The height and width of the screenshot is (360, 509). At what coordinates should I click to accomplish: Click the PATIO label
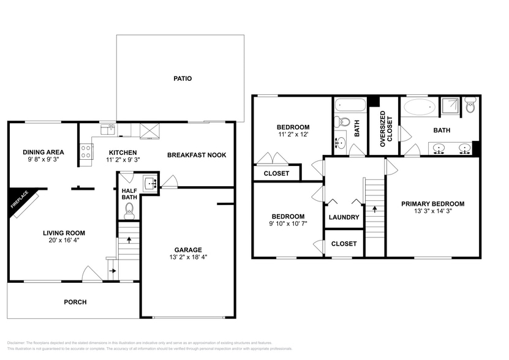point(182,78)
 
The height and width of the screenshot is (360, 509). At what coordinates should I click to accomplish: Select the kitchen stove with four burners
point(85,151)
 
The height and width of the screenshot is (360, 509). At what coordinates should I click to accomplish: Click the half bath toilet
point(129,211)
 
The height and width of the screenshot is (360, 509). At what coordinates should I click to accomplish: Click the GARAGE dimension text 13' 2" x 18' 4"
point(187,258)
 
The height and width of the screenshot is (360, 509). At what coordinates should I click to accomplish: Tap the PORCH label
point(75,302)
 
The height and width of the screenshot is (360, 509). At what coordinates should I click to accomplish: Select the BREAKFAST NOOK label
point(197,155)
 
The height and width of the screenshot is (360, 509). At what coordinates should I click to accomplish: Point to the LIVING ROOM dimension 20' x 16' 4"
point(63,240)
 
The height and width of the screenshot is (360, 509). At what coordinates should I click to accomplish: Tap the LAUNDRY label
point(344,217)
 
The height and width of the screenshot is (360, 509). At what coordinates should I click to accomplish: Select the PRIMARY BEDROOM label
point(432,204)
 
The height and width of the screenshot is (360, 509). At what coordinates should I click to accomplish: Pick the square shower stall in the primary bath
point(452,106)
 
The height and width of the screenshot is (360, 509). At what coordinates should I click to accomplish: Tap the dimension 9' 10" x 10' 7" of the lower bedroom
point(288,224)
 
